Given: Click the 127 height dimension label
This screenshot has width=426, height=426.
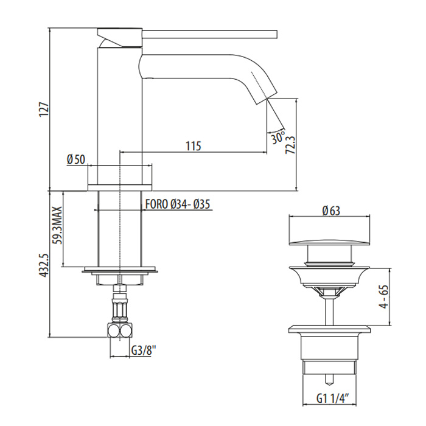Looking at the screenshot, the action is coord(44,110).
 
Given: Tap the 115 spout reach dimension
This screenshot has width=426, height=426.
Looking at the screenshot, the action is coord(194,146).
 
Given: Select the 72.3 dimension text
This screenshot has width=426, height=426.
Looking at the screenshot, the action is coord(290,145).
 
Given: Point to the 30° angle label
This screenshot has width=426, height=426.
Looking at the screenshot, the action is coord(278,138).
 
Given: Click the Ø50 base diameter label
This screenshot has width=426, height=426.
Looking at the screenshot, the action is coord(76,159).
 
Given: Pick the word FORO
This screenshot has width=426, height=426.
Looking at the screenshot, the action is coord(157,204).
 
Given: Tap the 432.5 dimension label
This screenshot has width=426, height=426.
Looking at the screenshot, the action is coord(44,265).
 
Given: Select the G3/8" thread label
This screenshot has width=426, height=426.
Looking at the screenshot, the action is coord(144,350).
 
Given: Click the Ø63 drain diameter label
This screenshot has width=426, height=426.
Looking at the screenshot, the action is coord(331,211).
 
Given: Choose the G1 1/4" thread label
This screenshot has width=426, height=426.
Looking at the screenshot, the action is coord(332,399).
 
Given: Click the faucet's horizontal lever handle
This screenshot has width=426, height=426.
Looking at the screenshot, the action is coord(210,35).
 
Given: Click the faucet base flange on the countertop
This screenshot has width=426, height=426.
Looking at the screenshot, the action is coord(120,187).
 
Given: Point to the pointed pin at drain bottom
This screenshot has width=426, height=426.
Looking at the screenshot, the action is coord(329,380).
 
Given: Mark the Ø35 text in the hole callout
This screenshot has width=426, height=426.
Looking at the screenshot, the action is coord(201,204).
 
